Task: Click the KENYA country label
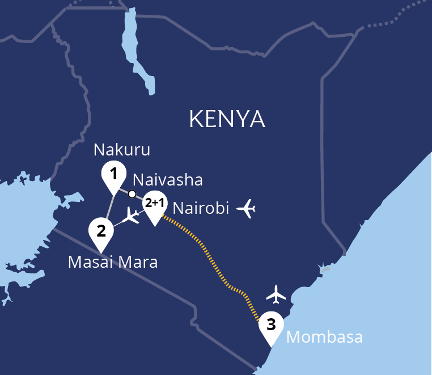pos(227,120)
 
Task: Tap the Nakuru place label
pos(122,150)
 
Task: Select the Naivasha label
pos(167,180)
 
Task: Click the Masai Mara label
pos(112,263)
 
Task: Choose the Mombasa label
pos(324,337)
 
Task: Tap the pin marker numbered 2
pos(101,231)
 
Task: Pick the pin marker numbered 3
pos(271,326)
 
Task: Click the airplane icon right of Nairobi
pos(247,208)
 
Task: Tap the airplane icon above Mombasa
pos(276,294)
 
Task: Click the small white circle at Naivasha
pos(132,194)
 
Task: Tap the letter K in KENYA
pos(195,120)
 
